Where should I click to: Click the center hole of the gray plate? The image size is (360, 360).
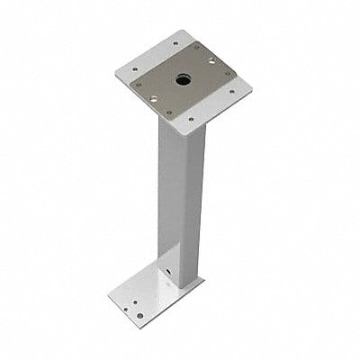(183, 79)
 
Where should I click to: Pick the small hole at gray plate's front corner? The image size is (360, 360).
(169, 112)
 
